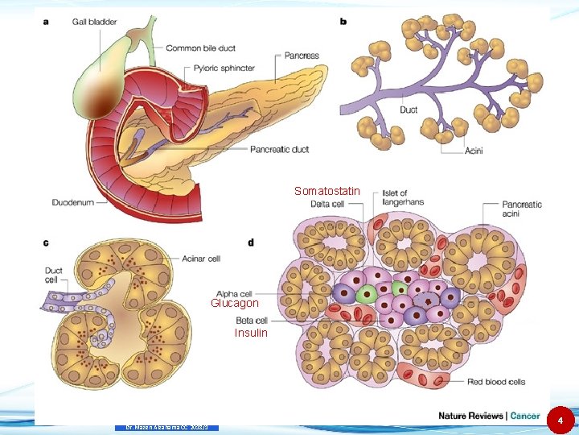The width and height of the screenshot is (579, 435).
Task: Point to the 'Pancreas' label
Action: point(302,56)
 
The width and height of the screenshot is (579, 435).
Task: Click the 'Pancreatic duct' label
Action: point(280,149)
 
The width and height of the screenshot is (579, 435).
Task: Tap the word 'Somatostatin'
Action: point(327,191)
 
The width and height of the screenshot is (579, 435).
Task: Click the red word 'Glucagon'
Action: point(235,304)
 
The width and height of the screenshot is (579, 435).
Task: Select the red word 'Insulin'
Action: point(251,333)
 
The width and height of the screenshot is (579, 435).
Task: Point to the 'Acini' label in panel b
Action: point(474,151)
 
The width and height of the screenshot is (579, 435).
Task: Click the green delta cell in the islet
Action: point(367,292)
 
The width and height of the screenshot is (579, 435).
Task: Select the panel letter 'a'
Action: point(45,22)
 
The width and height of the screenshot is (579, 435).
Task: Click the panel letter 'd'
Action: point(252,242)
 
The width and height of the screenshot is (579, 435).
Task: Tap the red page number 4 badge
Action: point(561,420)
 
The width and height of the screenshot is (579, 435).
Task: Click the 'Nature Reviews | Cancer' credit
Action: point(489,416)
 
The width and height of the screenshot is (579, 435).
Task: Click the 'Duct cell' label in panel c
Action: point(54,275)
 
